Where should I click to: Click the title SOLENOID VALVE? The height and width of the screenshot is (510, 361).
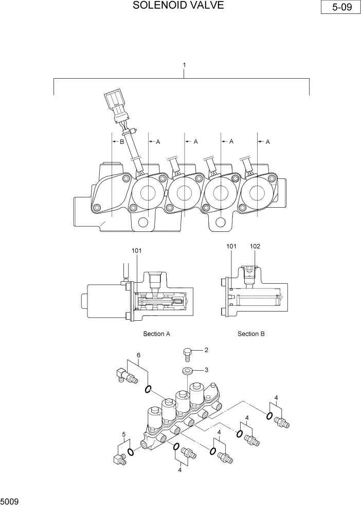tap(178, 6)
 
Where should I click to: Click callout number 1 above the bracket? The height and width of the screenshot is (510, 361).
tap(184, 65)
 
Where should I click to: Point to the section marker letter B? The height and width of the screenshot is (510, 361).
tap(122, 142)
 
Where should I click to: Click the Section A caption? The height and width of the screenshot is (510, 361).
tap(156, 334)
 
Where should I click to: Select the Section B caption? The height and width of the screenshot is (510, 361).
tap(251, 334)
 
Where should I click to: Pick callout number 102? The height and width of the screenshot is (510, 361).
tap(255, 246)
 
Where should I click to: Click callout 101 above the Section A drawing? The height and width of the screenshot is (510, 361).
tap(136, 251)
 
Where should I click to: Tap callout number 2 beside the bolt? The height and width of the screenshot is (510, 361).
tap(206, 350)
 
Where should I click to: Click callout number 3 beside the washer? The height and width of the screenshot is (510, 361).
tap(206, 370)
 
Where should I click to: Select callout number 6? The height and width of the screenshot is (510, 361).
tap(138, 355)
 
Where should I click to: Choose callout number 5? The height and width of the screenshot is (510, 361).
tap(123, 434)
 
